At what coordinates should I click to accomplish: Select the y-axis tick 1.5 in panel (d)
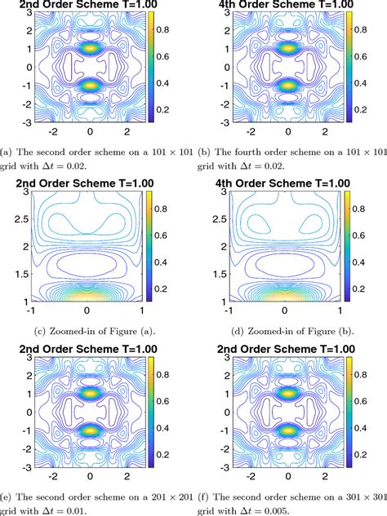[207, 273]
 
